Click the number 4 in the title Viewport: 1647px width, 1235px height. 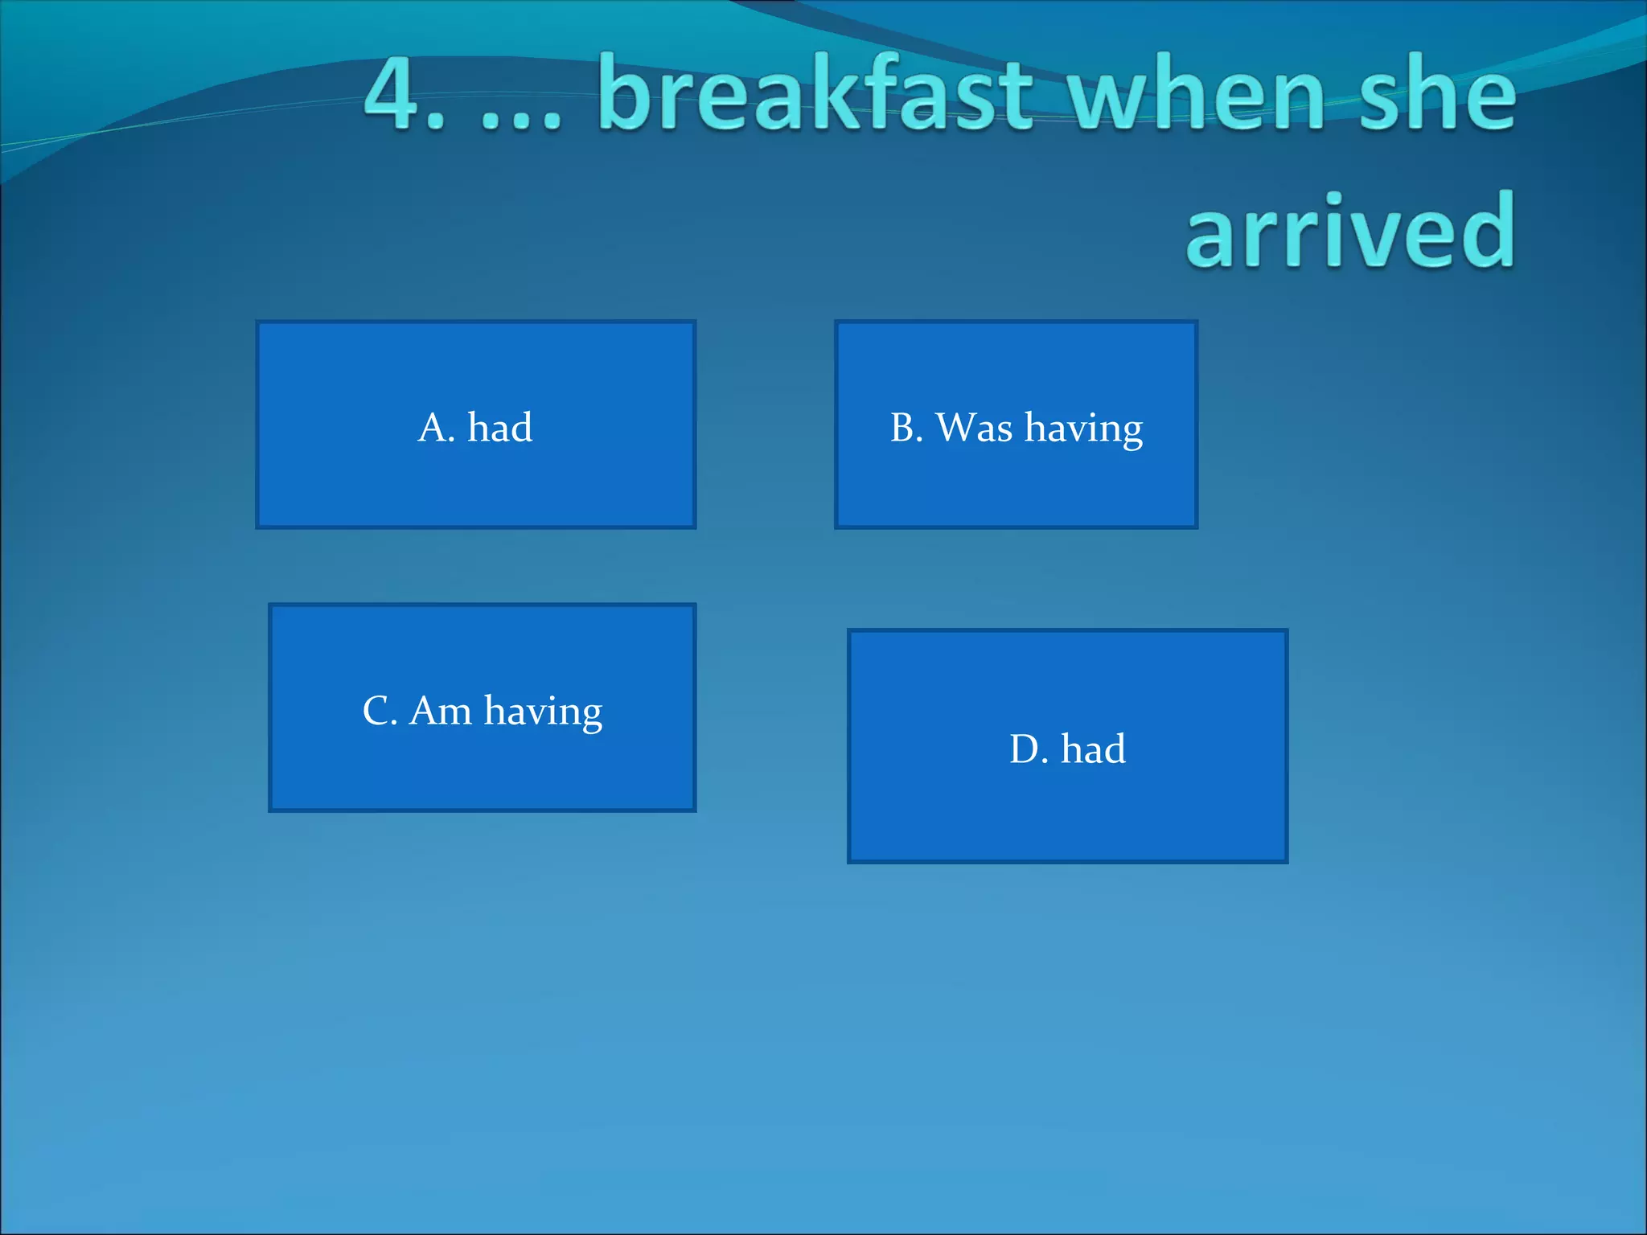[x=396, y=95]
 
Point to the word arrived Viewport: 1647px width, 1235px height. [x=1350, y=233]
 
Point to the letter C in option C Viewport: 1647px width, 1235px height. [x=376, y=712]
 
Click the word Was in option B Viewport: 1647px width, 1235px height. [x=975, y=428]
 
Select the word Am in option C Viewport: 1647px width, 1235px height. [x=441, y=712]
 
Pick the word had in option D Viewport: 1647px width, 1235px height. [x=1093, y=749]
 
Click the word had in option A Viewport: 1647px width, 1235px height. [x=499, y=428]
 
